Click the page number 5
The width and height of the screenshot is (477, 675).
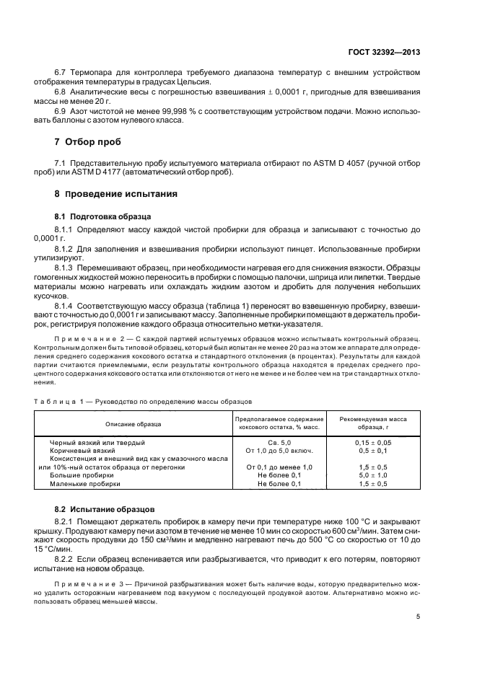tap(418, 616)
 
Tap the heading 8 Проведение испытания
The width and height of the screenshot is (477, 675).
tap(111, 195)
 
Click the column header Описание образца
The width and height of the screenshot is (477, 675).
tap(134, 423)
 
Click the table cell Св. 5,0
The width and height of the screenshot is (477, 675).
tap(279, 442)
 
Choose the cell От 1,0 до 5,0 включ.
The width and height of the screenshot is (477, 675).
tap(279, 451)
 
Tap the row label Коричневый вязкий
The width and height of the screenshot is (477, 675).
tap(83, 451)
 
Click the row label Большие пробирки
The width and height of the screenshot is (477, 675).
tap(82, 476)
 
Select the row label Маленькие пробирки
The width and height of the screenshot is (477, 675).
tap(84, 485)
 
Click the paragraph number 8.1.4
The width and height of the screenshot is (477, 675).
tap(65, 305)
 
